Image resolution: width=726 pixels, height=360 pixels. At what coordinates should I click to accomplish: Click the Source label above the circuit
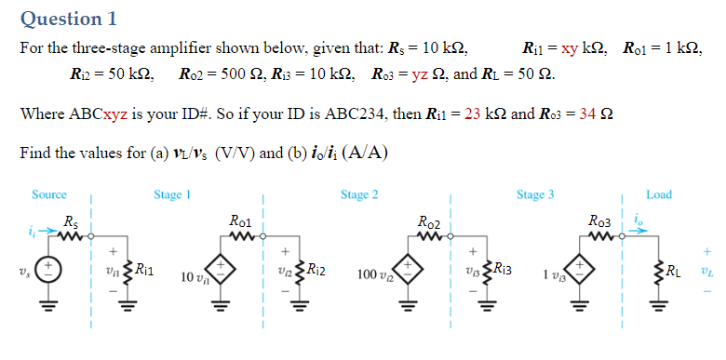[x=49, y=194]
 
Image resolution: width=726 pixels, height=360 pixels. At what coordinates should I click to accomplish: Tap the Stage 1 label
[x=172, y=194]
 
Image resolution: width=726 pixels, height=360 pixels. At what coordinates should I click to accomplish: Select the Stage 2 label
[x=359, y=194]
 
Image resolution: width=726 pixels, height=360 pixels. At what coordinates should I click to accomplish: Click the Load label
[x=658, y=194]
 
